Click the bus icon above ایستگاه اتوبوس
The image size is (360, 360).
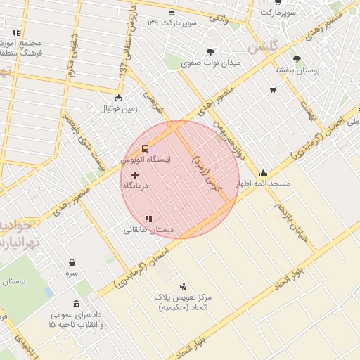coord(145,148)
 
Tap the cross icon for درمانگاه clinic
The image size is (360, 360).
coord(135,174)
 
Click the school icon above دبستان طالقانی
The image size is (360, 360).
coord(148,219)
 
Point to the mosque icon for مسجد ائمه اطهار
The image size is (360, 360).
coord(263,173)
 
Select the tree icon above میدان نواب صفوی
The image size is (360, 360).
coord(210,52)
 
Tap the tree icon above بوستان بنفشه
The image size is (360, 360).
coord(296,59)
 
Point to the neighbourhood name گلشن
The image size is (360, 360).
coord(263,46)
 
